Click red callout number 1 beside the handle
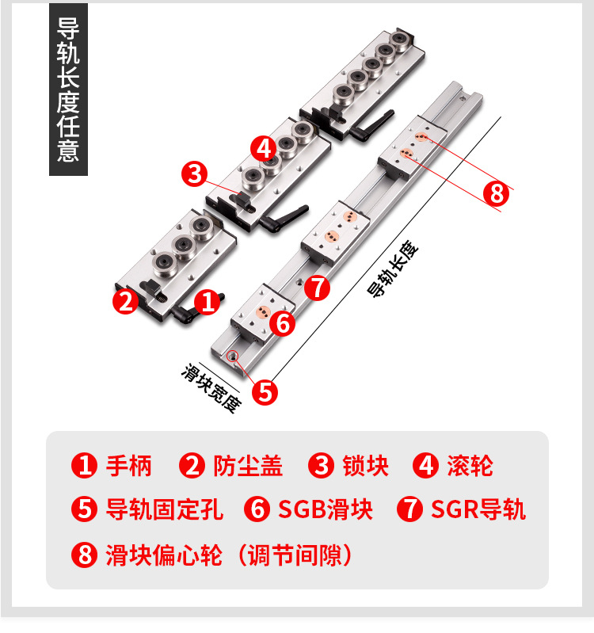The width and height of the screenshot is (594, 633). [207, 302]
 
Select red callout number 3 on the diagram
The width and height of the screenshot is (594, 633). [194, 174]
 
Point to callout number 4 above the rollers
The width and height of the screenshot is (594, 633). [264, 147]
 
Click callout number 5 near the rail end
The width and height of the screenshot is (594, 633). [265, 391]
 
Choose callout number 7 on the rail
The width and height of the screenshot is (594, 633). [317, 287]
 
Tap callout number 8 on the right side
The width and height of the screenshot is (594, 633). [496, 192]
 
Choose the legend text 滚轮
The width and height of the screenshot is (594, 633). [470, 466]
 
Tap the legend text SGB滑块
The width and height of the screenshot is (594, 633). [326, 509]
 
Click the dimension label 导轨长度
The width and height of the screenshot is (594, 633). [394, 269]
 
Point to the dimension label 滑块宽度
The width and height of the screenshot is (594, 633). [210, 388]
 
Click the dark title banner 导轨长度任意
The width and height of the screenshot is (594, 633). [68, 90]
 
